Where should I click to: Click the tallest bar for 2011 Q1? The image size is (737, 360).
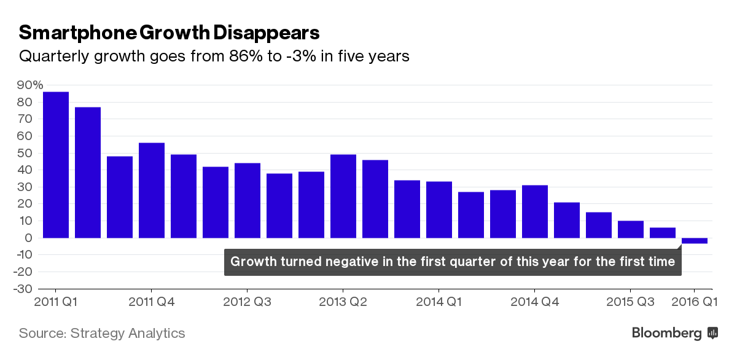click(x=56, y=165)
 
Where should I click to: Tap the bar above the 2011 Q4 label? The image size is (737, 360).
click(x=152, y=190)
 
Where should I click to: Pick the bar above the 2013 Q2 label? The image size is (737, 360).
click(x=343, y=195)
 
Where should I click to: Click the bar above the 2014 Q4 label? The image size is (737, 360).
click(x=535, y=211)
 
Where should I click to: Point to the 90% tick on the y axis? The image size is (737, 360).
click(x=30, y=85)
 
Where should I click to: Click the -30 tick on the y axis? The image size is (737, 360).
click(x=26, y=289)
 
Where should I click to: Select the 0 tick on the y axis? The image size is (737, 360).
click(x=29, y=238)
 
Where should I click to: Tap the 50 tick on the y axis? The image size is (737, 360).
click(x=26, y=153)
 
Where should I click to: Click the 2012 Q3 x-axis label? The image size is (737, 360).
click(x=246, y=302)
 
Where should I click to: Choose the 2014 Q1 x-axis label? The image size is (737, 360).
click(x=439, y=302)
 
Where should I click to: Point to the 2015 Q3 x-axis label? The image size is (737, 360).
click(x=630, y=302)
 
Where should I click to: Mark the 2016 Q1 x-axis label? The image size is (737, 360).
click(x=694, y=302)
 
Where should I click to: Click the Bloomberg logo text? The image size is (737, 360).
click(x=666, y=334)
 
